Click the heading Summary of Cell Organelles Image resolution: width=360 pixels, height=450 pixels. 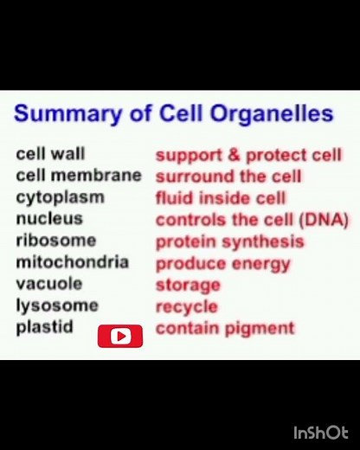[173, 114]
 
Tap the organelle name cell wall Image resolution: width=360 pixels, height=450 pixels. [50, 154]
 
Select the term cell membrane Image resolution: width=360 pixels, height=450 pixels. [78, 176]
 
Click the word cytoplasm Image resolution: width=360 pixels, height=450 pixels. [60, 197]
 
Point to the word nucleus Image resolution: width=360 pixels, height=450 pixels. [49, 219]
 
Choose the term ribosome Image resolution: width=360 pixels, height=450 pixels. [55, 241]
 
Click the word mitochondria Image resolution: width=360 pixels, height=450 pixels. [72, 262]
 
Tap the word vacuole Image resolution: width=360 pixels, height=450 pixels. [49, 284]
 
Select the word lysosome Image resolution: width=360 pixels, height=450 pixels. [56, 305]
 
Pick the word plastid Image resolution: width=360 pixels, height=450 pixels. [44, 327]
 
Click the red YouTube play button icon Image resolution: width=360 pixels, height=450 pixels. [119, 336]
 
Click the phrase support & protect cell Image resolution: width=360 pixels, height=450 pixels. [248, 156]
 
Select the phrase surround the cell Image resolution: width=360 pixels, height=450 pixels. [228, 177]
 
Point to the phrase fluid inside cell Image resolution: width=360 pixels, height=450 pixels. [220, 198]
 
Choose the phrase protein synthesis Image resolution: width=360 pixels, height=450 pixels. [229, 241]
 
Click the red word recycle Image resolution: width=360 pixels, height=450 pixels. [186, 306]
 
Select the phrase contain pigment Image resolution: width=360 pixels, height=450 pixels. [225, 328]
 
